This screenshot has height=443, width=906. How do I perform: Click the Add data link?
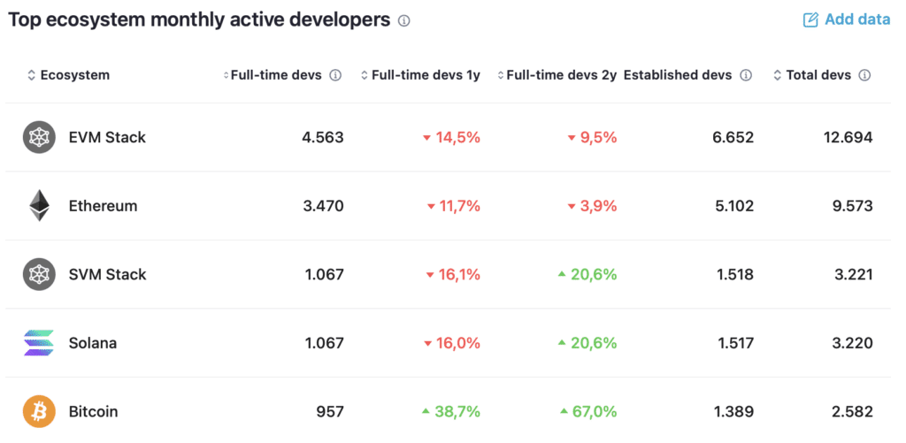[847, 19]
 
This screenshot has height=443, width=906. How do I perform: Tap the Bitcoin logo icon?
[39, 412]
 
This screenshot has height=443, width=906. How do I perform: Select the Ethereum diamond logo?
[39, 206]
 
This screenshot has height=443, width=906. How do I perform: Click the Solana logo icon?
[39, 343]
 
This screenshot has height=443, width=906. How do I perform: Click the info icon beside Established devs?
[746, 76]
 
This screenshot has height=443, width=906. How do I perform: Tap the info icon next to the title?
[403, 21]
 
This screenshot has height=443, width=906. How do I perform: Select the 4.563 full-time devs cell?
[322, 137]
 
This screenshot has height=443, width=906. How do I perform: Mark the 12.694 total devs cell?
[848, 137]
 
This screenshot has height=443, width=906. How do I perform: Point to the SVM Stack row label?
[107, 274]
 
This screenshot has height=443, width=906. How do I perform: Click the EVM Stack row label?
[107, 137]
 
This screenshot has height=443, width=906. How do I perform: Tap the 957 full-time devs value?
[330, 412]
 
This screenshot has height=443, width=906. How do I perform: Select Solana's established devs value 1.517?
[735, 343]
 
